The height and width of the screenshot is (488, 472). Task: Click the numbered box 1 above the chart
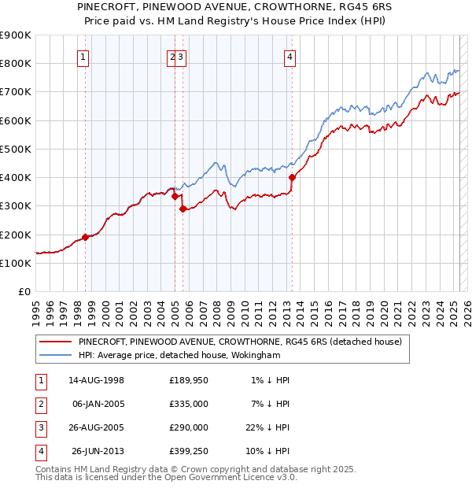pyautogui.click(x=83, y=57)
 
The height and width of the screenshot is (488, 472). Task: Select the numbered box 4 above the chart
pyautogui.click(x=290, y=57)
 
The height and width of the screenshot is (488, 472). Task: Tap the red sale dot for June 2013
pyautogui.click(x=292, y=178)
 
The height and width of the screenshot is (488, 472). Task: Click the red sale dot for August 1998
pyautogui.click(x=85, y=237)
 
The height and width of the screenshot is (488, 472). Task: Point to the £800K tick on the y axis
pyautogui.click(x=16, y=64)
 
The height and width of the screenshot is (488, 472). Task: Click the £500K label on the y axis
pyautogui.click(x=16, y=149)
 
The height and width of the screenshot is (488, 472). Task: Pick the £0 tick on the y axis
pyautogui.click(x=24, y=291)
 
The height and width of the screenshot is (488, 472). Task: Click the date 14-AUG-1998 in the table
pyautogui.click(x=97, y=380)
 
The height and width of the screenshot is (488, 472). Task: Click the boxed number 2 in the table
pyautogui.click(x=40, y=405)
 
